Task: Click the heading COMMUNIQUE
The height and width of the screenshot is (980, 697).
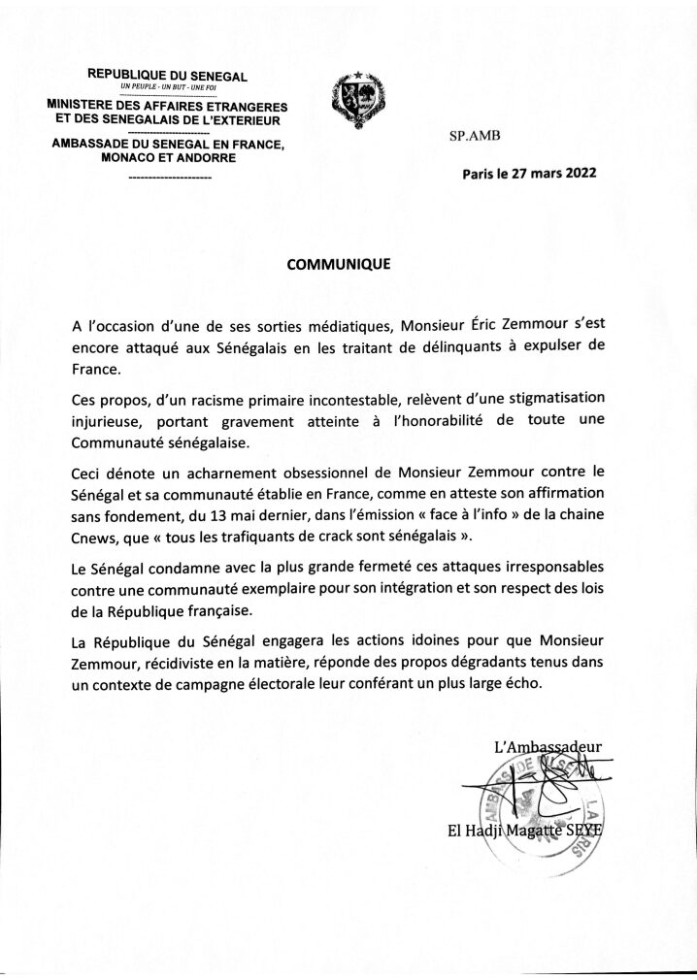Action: tap(338, 263)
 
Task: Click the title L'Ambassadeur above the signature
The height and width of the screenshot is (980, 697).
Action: tap(548, 745)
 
